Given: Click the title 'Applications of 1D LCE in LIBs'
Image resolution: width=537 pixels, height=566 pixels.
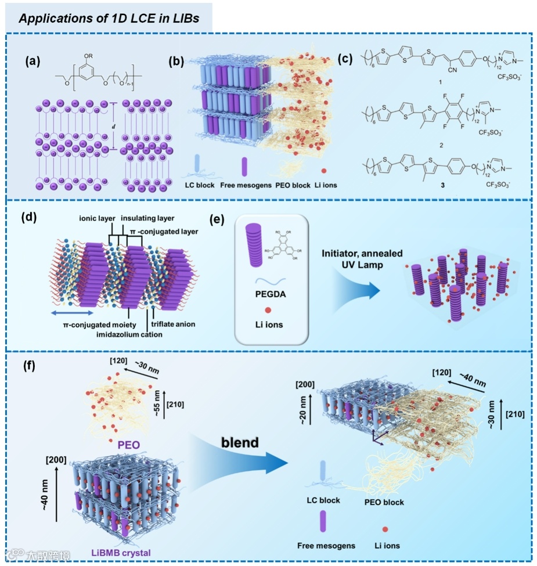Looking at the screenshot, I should click(x=109, y=18).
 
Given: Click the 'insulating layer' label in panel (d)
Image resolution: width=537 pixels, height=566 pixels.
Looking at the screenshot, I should click(x=145, y=218).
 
